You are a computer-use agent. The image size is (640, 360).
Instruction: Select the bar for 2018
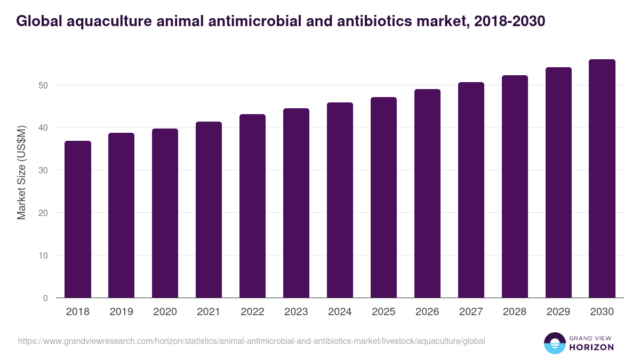click(78, 219)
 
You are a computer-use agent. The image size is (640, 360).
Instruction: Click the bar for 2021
click(209, 210)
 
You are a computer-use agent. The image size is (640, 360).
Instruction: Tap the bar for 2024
click(340, 200)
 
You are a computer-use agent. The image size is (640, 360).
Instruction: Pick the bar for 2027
click(471, 190)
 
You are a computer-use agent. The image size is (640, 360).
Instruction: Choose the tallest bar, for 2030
click(602, 179)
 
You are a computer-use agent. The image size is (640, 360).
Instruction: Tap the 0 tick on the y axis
click(45, 298)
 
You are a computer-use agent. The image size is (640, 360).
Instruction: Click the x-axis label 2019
click(121, 312)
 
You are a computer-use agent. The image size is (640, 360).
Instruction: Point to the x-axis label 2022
click(252, 312)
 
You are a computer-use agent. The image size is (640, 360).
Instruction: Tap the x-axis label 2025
click(383, 312)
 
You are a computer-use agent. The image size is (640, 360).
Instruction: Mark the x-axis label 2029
click(558, 312)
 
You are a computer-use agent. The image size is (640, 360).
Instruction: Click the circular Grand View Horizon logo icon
click(555, 343)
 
